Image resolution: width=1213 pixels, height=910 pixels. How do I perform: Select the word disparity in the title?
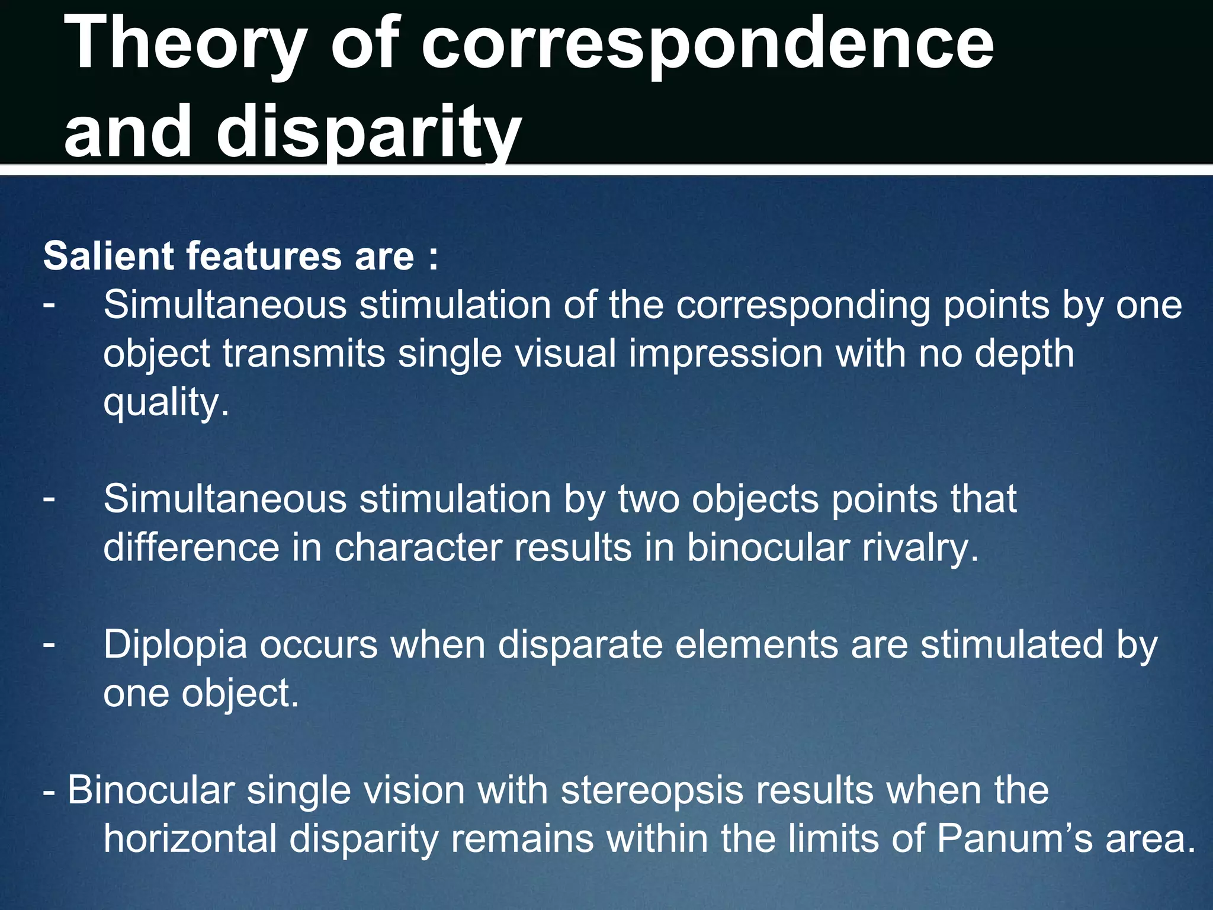tap(368, 132)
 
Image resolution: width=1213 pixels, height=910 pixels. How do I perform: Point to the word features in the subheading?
tap(264, 256)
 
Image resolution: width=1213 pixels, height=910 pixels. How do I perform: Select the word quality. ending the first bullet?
tap(166, 403)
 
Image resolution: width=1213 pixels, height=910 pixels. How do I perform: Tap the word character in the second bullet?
tap(418, 547)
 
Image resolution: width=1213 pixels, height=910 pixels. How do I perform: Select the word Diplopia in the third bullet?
tap(175, 645)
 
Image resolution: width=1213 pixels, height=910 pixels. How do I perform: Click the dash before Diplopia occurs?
tap(49, 642)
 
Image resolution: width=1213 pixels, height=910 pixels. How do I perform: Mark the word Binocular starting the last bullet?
tap(150, 790)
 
